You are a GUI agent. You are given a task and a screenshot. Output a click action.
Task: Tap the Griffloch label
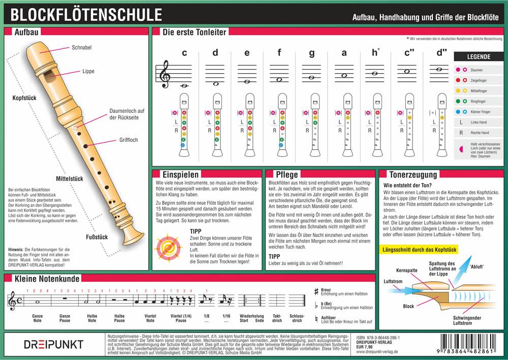click(128, 139)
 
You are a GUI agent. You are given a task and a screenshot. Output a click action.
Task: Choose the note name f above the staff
click(279, 52)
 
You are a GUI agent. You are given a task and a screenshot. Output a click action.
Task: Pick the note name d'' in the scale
click(440, 52)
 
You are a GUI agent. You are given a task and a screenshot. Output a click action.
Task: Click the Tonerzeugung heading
click(412, 174)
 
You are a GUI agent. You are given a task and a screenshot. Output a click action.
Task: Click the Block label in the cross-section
click(408, 306)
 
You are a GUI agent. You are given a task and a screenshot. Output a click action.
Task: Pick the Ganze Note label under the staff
click(38, 318)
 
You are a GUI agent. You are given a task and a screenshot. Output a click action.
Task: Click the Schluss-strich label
click(297, 318)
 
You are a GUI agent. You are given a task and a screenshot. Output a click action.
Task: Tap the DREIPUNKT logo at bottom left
click(53, 344)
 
